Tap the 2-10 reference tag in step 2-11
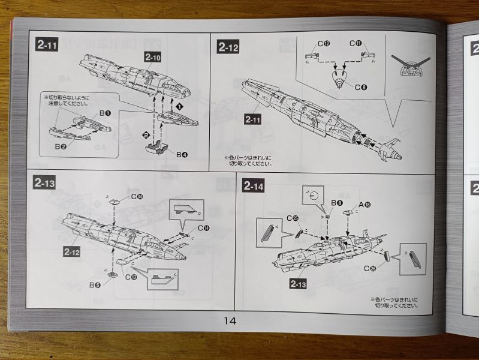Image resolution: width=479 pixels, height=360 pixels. click(x=152, y=56)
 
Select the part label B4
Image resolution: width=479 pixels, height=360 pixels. click(x=182, y=155)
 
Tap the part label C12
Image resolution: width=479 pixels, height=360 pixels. click(x=324, y=43)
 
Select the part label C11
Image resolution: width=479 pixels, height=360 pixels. click(x=357, y=43)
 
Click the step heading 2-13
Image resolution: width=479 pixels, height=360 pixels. click(x=46, y=184)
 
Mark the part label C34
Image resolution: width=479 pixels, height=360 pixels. click(x=137, y=196)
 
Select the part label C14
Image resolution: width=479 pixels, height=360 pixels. click(x=203, y=227)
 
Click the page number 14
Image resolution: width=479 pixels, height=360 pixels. click(x=230, y=320)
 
